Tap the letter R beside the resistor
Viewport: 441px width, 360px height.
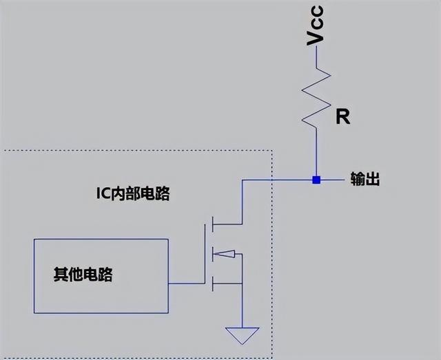[x=342, y=118]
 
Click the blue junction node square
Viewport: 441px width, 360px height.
[x=316, y=180]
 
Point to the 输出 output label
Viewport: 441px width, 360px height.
[x=365, y=180]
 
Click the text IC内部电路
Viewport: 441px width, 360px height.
[x=132, y=194]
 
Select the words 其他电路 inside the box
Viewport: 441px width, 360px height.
[x=83, y=276]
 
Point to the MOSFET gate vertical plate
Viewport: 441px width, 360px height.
[x=205, y=255]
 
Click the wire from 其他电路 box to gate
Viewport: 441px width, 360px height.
[x=186, y=283]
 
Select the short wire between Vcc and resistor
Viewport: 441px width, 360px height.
[x=316, y=59]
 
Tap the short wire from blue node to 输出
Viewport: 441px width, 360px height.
[x=331, y=180]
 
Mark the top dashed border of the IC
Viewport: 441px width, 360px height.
[x=138, y=150]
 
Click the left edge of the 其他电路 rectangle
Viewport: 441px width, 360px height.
[x=34, y=276]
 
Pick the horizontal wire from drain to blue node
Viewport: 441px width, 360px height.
[x=276, y=180]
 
